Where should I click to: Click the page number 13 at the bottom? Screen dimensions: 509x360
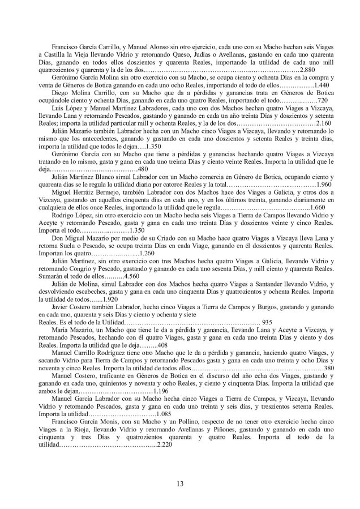180,482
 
